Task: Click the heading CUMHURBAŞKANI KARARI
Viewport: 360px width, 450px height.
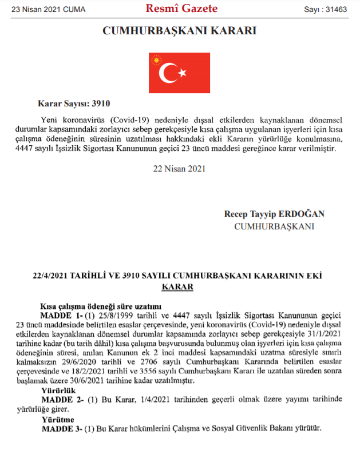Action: click(x=179, y=31)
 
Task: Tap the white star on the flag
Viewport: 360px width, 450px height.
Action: click(x=184, y=73)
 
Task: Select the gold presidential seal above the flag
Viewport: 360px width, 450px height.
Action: click(x=156, y=59)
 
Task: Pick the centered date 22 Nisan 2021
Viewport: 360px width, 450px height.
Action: click(x=179, y=169)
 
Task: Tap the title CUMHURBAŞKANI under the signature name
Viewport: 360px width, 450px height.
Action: click(x=274, y=226)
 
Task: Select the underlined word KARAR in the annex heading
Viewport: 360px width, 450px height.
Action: click(x=179, y=286)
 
